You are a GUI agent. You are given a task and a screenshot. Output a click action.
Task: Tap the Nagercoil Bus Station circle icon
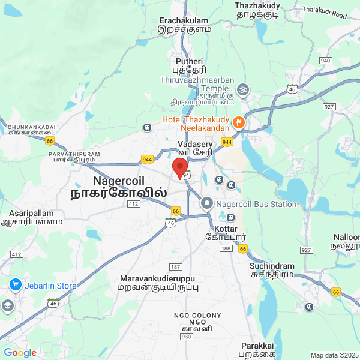point(207,203)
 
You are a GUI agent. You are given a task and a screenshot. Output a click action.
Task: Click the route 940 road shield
point(326,61)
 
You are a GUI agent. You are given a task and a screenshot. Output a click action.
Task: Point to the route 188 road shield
point(226,248)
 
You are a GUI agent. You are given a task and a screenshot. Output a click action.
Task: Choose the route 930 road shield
point(185,337)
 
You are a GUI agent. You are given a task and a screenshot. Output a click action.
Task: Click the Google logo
point(20,353)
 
